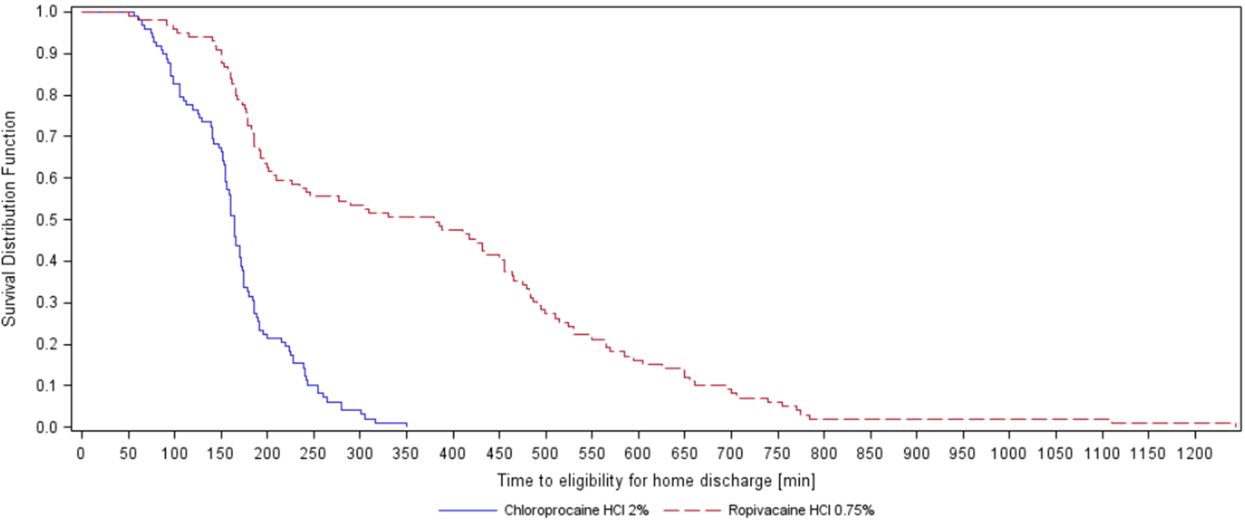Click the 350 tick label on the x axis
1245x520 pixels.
tap(406, 454)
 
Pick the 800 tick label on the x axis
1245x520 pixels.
tap(823, 454)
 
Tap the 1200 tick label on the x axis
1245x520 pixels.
tap(1194, 454)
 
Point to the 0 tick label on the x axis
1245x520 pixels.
tap(81, 454)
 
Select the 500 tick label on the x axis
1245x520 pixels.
tap(545, 454)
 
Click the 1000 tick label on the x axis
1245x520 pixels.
tap(1009, 454)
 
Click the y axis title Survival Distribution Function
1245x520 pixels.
tap(9, 218)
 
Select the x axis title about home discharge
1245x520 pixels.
tap(656, 481)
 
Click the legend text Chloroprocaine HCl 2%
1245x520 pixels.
tap(576, 511)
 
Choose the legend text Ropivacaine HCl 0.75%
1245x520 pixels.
tap(801, 511)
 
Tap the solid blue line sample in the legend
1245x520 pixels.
tap(468, 511)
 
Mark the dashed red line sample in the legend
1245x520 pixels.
tap(692, 511)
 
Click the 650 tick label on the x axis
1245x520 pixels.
tap(684, 454)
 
